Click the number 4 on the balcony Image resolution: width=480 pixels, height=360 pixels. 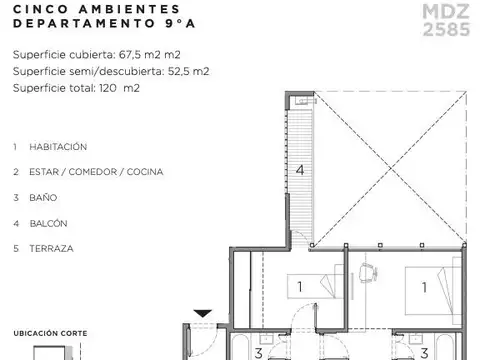pyautogui.click(x=299, y=170)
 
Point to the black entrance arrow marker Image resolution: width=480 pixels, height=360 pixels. pyautogui.click(x=202, y=314)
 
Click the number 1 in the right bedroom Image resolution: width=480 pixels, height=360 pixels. pyautogui.click(x=425, y=288)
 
